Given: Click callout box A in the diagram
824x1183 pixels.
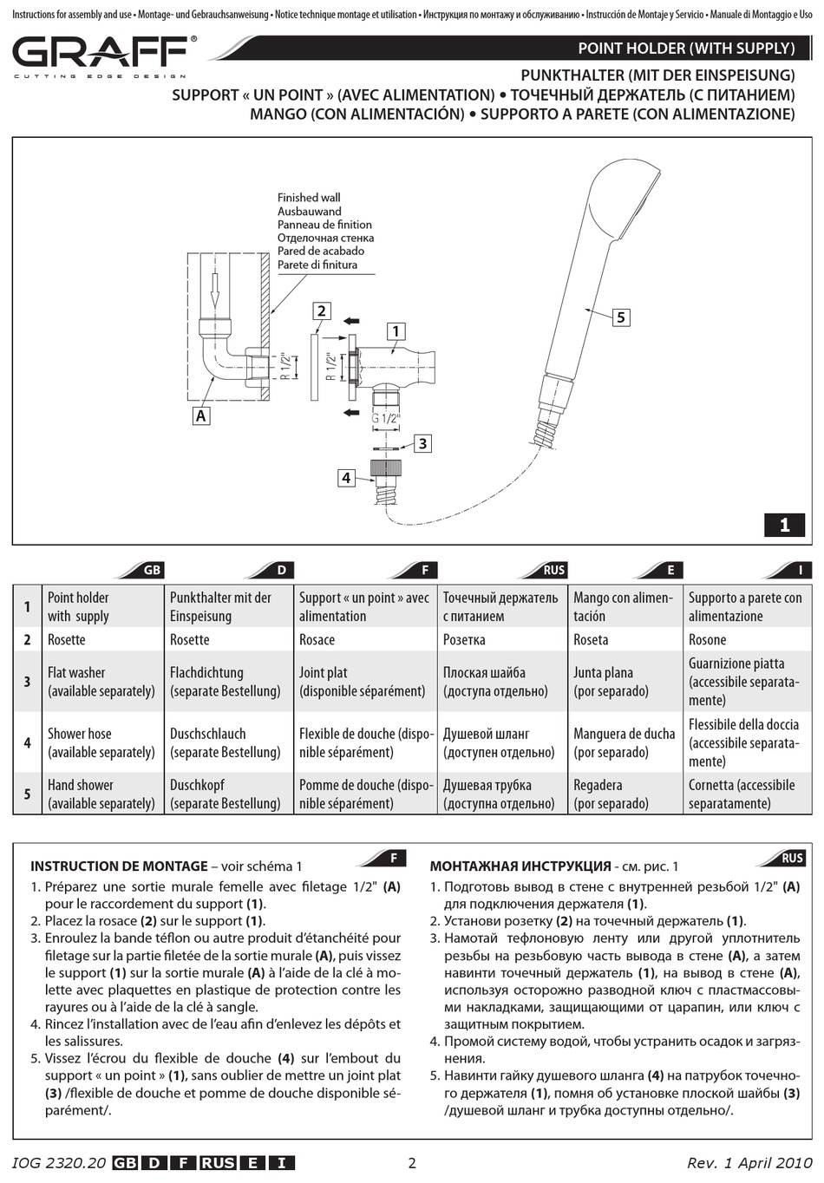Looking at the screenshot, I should [201, 415].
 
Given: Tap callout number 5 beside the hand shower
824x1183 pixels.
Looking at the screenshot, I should [620, 317].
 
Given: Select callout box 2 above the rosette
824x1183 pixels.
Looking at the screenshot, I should [321, 311].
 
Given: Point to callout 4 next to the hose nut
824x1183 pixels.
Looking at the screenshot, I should [346, 477].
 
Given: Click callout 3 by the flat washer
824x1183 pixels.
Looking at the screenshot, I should [422, 444].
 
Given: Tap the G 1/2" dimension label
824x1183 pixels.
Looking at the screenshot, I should [386, 418].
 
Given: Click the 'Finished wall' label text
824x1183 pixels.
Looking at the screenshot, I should [309, 198].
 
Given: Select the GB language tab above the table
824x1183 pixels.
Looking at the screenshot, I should [152, 570].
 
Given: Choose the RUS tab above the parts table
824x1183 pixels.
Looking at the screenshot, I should [553, 570].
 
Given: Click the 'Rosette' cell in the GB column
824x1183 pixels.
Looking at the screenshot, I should [67, 640].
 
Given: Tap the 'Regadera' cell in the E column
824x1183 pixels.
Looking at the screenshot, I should [598, 785].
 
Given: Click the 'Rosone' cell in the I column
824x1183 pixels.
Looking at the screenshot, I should [708, 640].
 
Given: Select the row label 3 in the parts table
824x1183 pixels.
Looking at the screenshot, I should [27, 682].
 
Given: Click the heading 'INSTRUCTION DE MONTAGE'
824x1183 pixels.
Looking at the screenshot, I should [119, 866].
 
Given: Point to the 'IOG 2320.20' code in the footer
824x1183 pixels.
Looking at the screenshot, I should [59, 1163].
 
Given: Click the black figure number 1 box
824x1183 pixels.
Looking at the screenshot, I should [785, 525].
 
